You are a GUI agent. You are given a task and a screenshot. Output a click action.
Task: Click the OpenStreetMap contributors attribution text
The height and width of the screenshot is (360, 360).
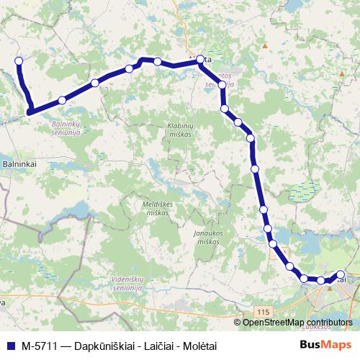point(297,323)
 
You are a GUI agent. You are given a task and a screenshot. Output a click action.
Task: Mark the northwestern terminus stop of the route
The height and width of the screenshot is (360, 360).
point(19,61)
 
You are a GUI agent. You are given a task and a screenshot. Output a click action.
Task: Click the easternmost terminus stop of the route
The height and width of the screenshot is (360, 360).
point(341,274)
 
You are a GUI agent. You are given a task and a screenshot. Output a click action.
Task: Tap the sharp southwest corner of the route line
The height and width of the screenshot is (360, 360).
point(30,111)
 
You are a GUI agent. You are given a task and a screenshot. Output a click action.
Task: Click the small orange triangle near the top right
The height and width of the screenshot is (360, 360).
point(266,45)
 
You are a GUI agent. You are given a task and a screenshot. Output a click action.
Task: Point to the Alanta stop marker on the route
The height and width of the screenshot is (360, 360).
point(201,61)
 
